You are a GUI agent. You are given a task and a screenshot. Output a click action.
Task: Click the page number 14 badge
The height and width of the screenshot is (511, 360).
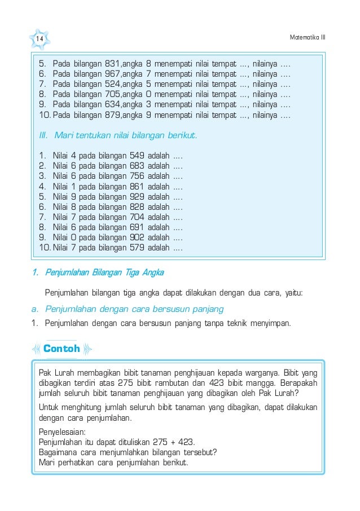pos(40,38)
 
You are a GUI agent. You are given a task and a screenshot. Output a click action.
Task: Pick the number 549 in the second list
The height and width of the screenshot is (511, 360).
pos(136,155)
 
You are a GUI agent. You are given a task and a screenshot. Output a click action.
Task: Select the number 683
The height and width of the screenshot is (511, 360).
pos(136,165)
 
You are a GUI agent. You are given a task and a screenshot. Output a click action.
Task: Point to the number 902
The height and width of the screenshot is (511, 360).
pos(136,237)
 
